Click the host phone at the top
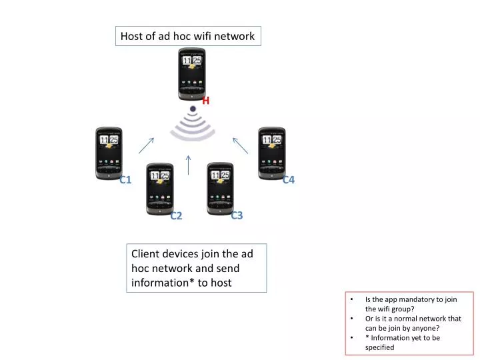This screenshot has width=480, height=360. coord(191,73)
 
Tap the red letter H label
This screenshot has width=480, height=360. coord(206,101)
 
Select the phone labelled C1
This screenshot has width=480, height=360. coord(109,153)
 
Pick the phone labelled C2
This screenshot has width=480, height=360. coord(159,189)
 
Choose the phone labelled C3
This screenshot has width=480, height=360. coord(220,188)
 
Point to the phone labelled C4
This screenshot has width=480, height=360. coord(271,153)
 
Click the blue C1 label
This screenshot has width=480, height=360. coord(125,180)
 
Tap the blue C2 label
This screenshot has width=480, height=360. coord(176,215)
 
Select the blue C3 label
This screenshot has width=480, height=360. coord(237,215)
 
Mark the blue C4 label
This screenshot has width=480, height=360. coord(289,180)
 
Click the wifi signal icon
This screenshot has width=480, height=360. coord(192,125)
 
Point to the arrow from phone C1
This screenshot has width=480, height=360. coord(147,145)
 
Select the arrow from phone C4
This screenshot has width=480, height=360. coord(240,145)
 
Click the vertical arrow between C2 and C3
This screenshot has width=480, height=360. coord(189,165)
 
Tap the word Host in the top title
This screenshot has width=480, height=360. coord(133,36)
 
